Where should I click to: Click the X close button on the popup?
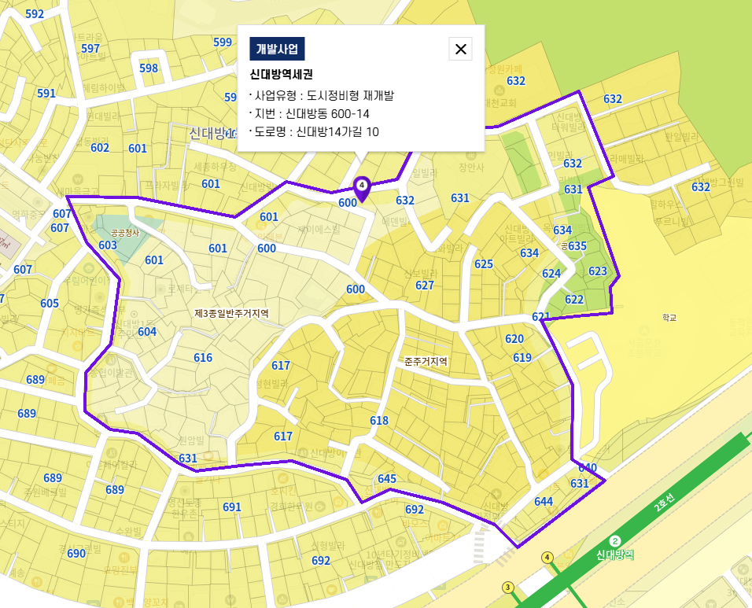coord(460,49)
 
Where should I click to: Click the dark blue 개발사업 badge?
coord(277,49)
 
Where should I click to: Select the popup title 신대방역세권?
coord(282,76)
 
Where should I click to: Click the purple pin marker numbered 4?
coord(362,187)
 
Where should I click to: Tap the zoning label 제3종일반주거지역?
coord(231,313)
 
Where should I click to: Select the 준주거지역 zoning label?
coord(426,361)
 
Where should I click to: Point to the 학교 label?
coord(669,318)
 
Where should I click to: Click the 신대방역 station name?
coord(615,555)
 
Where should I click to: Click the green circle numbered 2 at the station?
coord(615,540)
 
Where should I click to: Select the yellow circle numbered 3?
coord(508,588)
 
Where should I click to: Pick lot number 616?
coord(203,358)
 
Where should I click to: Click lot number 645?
coord(387,478)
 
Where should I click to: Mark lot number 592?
coord(35,14)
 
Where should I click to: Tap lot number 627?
coord(425,285)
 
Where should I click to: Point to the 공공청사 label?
coord(124,233)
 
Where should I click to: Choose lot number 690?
coord(76,554)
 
